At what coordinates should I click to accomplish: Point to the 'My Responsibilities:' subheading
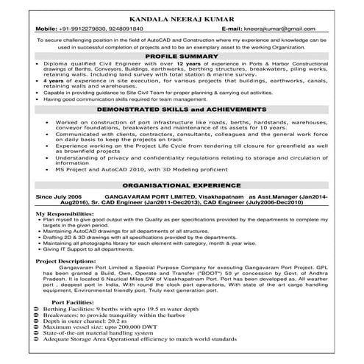click(x=64, y=213)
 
